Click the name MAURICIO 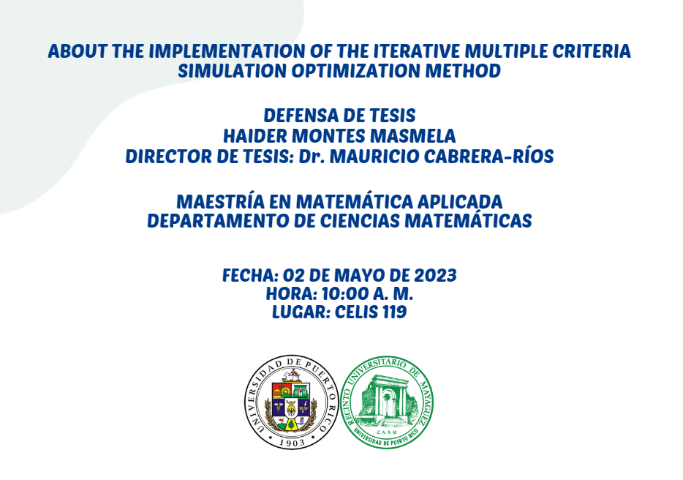pyautogui.click(x=374, y=157)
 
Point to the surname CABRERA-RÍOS pyautogui.click(x=488, y=156)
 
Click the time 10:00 pyautogui.click(x=345, y=294)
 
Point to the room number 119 pyautogui.click(x=395, y=312)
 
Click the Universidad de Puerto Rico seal pyautogui.click(x=291, y=402)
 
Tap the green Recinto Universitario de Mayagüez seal pyautogui.click(x=387, y=402)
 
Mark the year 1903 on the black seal pyautogui.click(x=292, y=442)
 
